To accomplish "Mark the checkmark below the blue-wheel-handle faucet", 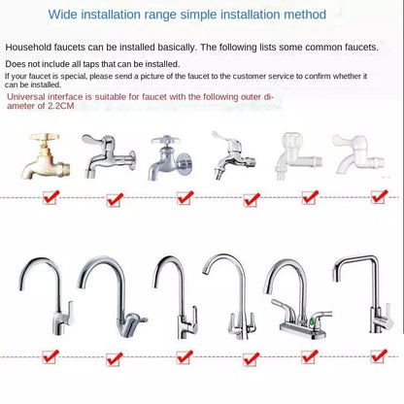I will (185, 198).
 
